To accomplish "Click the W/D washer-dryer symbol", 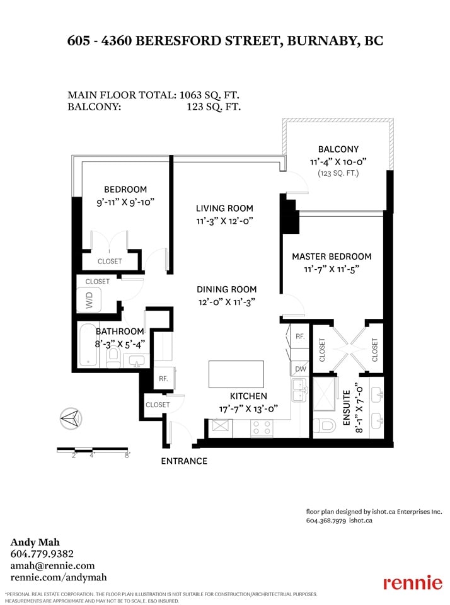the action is coord(89,300).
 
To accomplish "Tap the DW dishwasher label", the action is coord(300,369).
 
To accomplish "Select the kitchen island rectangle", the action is coord(236,374).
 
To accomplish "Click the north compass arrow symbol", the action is coord(71,418).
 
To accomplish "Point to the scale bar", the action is coord(93,449).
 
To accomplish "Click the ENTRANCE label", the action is coord(184,461).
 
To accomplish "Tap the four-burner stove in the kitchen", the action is coord(262,429).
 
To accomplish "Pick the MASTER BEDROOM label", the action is coord(332,256).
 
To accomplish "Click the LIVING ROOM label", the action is coord(224,209).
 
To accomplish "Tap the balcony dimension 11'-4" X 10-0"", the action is coord(338,162).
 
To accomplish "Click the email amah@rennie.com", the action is coord(52,566).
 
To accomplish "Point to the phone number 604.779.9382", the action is coord(42,554).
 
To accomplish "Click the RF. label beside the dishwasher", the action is coord(300,337).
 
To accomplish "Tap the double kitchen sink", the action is coord(299,390).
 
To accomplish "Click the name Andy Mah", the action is coord(35,542).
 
